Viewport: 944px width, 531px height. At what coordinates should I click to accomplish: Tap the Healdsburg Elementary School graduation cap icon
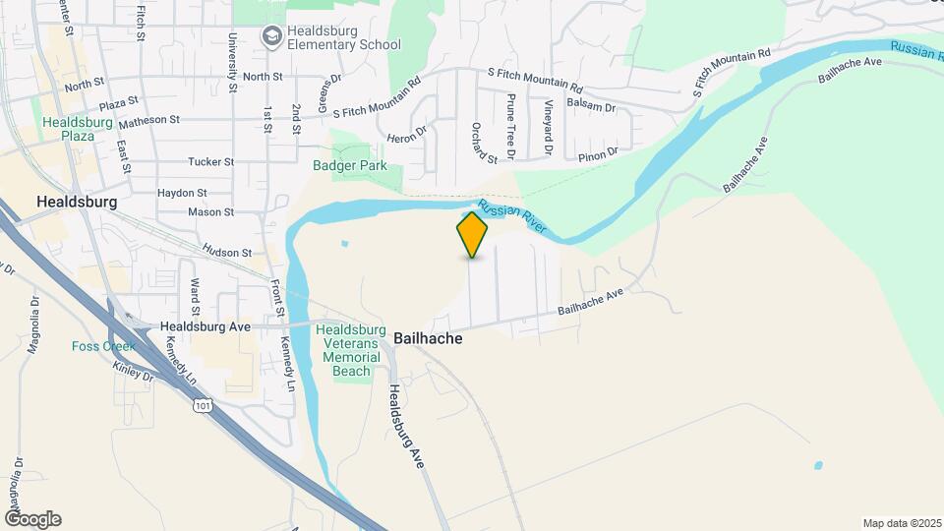269,36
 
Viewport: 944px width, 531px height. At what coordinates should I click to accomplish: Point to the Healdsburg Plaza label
68,129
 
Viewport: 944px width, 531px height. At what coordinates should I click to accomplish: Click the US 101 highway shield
203,404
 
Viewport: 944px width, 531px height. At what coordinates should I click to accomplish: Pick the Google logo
31,519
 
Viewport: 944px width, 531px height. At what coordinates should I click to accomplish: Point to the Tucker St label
211,161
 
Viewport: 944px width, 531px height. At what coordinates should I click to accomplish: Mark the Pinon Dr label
597,153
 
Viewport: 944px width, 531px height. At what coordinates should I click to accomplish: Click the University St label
233,62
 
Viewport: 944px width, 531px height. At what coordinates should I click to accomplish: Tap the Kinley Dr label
134,376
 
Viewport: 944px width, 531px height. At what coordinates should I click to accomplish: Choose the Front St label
278,298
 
